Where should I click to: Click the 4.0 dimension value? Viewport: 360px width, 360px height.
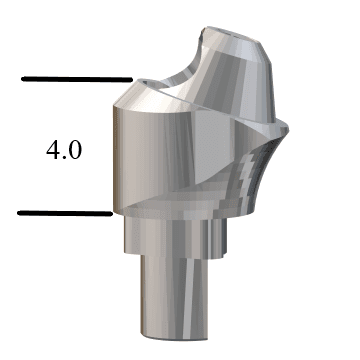click(x=64, y=151)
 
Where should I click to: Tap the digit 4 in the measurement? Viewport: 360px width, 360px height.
click(x=53, y=151)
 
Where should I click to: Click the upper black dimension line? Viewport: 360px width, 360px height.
click(x=76, y=79)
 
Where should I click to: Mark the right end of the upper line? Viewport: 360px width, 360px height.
click(x=131, y=79)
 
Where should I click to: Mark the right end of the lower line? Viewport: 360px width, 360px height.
click(x=109, y=212)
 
